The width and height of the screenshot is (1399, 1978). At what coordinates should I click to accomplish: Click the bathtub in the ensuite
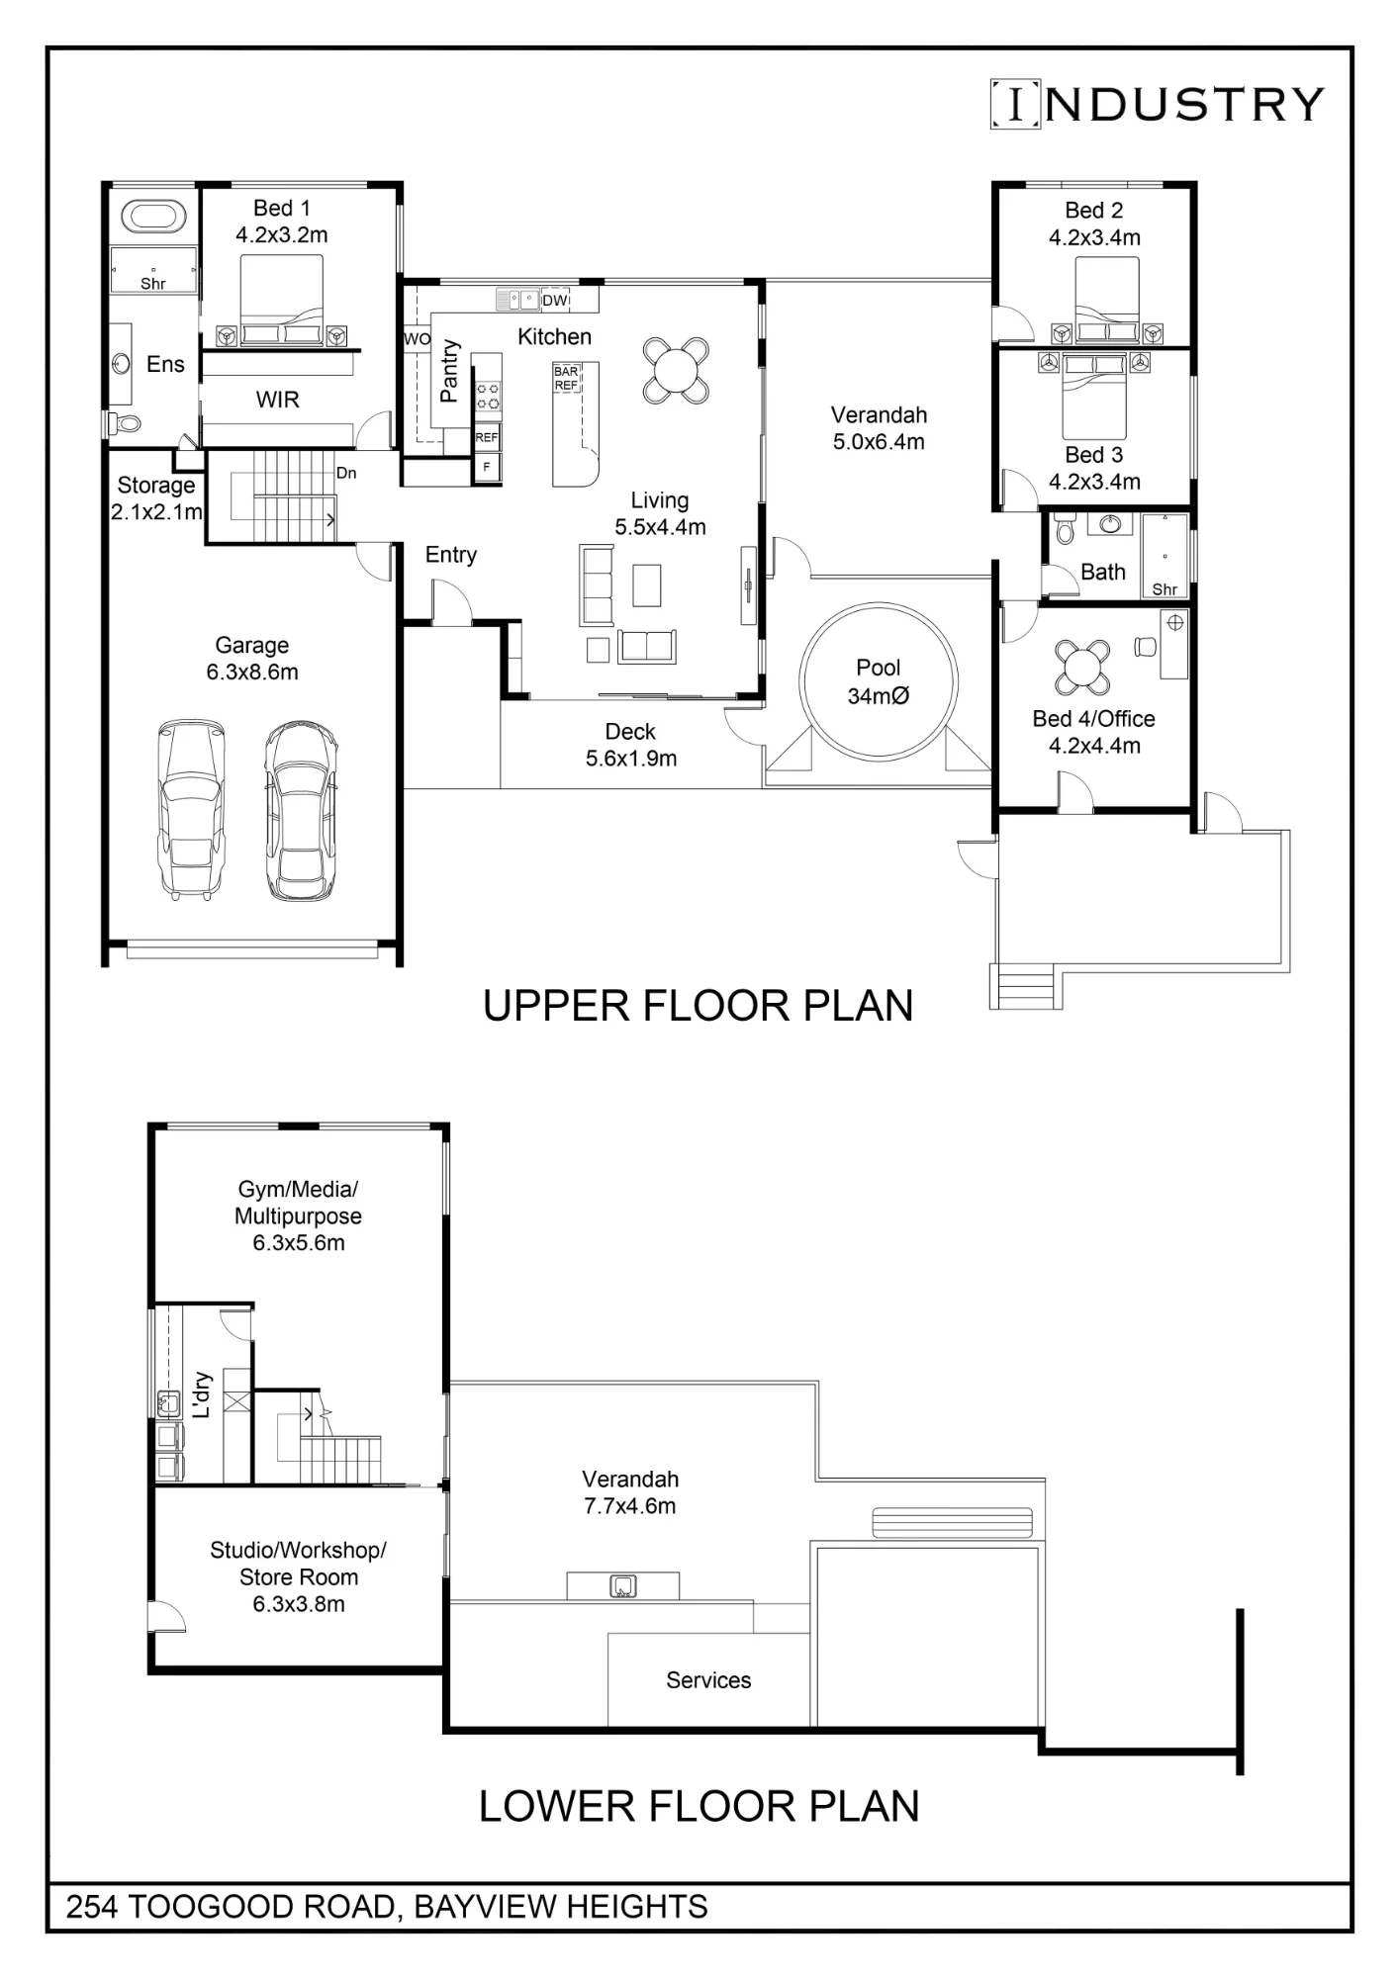pos(153,216)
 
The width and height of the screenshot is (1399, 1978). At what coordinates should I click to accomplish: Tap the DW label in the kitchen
pos(555,300)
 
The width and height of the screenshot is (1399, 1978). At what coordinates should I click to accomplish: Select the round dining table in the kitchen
pos(676,371)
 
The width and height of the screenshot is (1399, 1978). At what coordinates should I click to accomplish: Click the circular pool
pos(879,681)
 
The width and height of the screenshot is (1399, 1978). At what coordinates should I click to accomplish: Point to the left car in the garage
pos(191,809)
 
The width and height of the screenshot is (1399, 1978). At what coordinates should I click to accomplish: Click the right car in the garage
pos(301,810)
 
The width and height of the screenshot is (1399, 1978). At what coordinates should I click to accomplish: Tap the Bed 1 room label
pos(282,208)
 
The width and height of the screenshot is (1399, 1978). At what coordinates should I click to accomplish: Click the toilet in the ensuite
pos(124,424)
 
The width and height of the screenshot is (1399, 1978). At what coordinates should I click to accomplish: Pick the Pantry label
pos(449,370)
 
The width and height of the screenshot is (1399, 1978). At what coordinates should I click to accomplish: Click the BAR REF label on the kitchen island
pos(566,378)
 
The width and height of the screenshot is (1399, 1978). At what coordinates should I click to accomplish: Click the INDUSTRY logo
pos(1157,104)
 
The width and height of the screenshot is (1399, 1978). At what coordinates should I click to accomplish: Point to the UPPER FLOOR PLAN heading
pos(699,1005)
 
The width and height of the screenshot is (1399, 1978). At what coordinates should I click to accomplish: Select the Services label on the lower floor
pos(708,1680)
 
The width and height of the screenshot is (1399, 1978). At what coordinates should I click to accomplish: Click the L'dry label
pos(202,1394)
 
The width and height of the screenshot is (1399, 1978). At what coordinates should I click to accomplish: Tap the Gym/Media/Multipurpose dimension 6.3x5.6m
pos(299,1243)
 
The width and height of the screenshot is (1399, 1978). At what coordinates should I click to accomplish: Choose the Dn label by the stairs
pos(346,473)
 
